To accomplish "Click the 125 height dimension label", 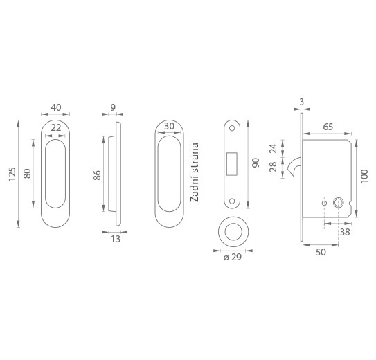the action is pos(12,174).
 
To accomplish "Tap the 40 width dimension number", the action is pos(56,107).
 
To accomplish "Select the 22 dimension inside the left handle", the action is pos(56,128).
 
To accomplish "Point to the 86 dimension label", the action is pos(97,175).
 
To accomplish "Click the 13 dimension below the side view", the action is pos(116,239).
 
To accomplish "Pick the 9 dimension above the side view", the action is pos(113,107).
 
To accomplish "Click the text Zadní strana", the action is pos(195,172).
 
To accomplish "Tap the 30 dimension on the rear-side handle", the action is pos(169,126).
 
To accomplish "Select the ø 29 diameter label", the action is pos(233,257).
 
